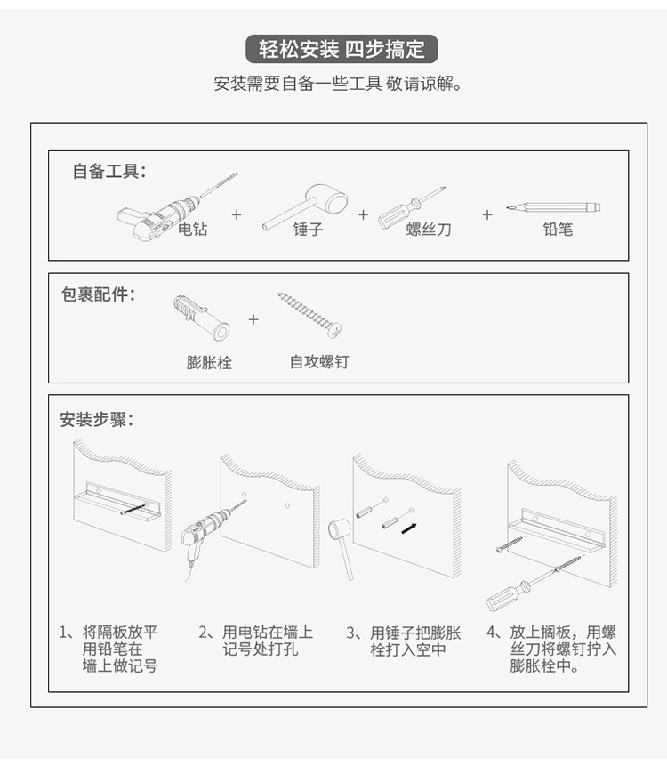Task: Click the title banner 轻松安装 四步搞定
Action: point(342,49)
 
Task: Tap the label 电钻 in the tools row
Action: point(192,229)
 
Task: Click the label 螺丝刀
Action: point(429,230)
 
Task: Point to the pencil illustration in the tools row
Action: point(553,207)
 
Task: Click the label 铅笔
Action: point(558,230)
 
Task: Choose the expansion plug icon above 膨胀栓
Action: point(201,318)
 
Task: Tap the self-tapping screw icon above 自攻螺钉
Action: point(309,315)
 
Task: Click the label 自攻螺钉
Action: point(319,362)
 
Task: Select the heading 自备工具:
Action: point(109,172)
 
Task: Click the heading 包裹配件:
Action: point(98,294)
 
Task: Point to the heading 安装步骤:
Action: point(97,419)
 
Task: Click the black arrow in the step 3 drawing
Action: point(409,528)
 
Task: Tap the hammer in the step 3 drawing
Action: point(341,544)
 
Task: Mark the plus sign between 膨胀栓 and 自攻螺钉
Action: point(253,319)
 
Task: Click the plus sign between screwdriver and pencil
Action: point(486,214)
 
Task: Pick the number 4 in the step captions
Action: point(492,633)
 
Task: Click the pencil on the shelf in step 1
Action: point(133,508)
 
